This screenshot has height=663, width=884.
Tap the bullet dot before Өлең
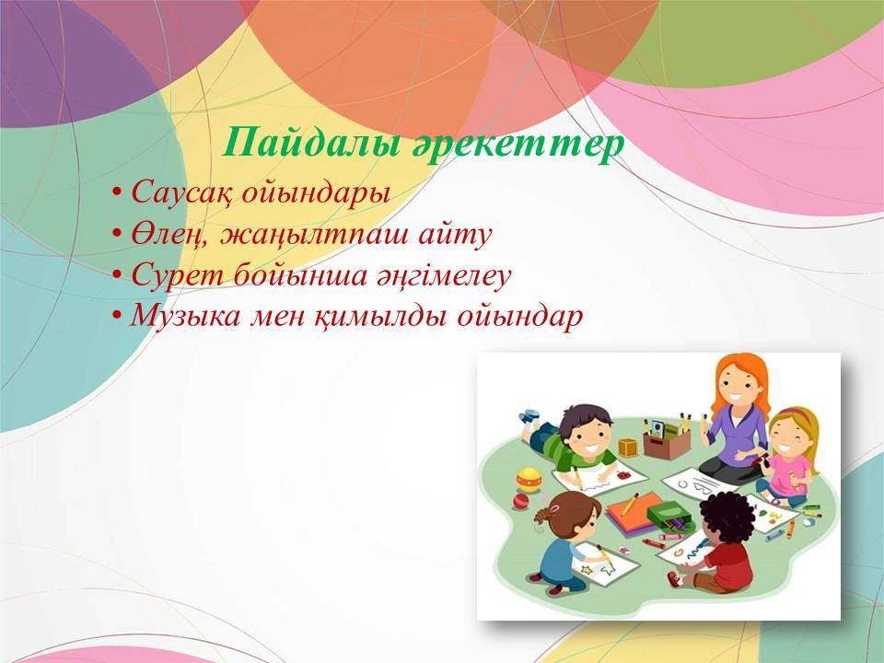(117, 234)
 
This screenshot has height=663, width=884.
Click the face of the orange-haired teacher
(737, 385)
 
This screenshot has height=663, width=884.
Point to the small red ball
(519, 501)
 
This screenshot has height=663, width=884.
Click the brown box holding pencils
(667, 445)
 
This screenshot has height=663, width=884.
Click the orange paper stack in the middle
(634, 513)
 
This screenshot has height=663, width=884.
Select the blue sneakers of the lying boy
(529, 418)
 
